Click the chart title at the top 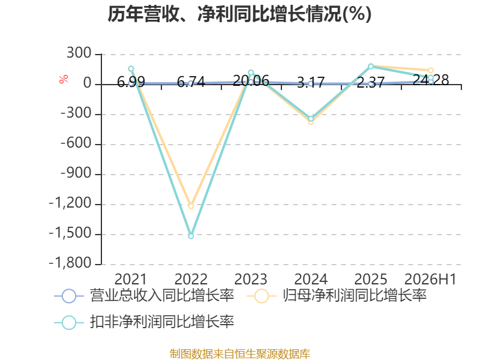click(239, 14)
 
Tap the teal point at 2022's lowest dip click(191, 236)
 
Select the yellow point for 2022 click(191, 206)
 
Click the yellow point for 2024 click(311, 122)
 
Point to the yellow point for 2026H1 click(431, 70)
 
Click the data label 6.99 click(131, 82)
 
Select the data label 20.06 click(251, 81)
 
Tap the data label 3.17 click(311, 83)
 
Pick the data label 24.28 click(431, 80)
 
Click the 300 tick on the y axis click(79, 53)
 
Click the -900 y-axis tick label click(76, 173)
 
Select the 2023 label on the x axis click(251, 279)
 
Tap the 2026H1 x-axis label click(431, 279)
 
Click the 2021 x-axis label click(131, 279)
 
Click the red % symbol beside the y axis click(64, 79)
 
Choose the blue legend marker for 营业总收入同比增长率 click(69, 296)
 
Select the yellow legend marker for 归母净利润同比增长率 click(261, 296)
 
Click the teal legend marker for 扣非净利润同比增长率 click(69, 322)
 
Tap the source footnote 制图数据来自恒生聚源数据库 click(240, 354)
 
